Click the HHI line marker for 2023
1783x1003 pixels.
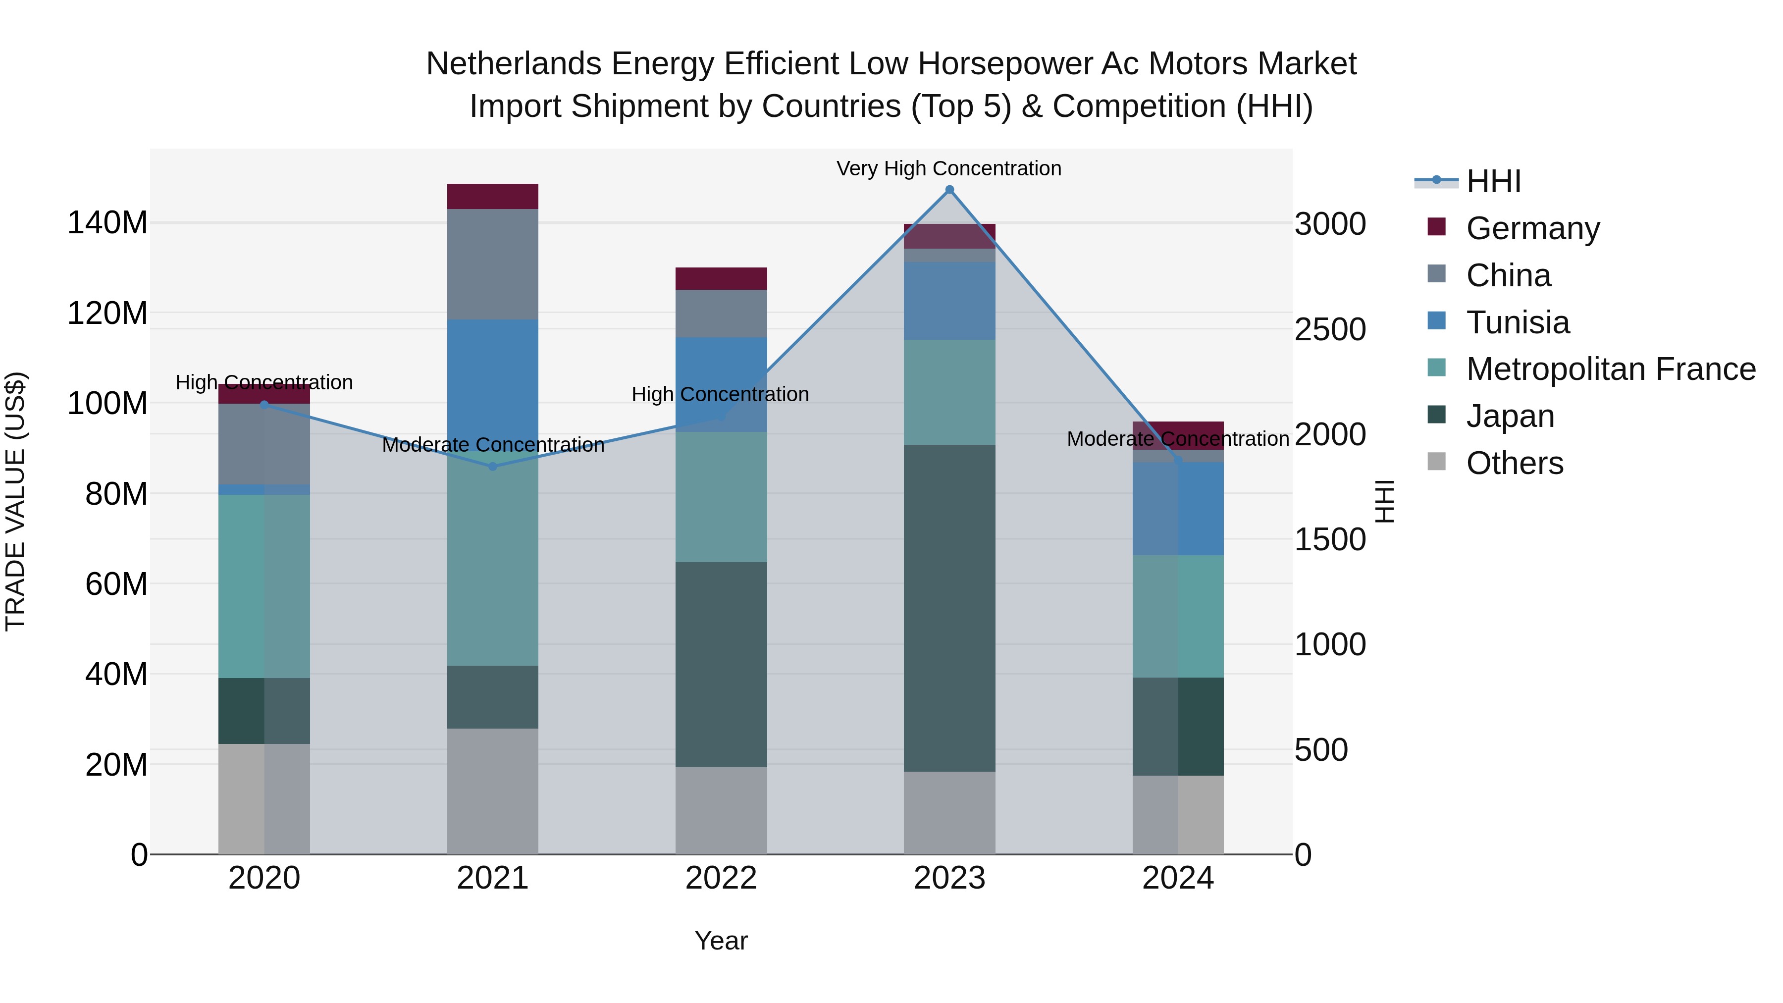coord(949,190)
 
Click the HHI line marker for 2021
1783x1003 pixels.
coord(493,467)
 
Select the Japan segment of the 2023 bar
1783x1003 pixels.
coord(949,608)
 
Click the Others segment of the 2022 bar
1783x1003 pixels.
coord(721,810)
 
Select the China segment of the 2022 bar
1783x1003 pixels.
coord(721,314)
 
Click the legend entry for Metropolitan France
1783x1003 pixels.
coord(1611,369)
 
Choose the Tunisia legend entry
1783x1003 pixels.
coord(1517,322)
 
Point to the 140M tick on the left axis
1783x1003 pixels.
coord(107,223)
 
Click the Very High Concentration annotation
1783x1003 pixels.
coord(948,168)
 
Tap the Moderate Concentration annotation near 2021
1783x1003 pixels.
coord(493,445)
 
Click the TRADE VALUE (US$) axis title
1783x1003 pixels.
coord(15,501)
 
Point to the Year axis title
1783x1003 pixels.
coord(721,941)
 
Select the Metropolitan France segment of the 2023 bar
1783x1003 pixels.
coord(949,392)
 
